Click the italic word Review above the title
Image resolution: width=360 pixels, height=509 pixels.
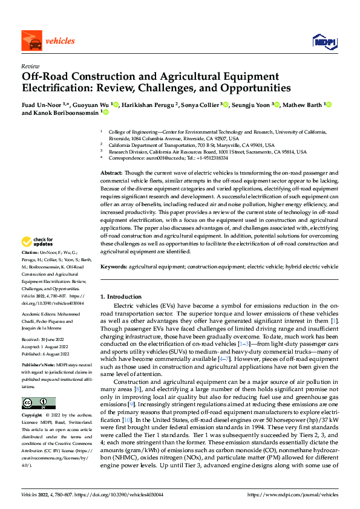point(30,66)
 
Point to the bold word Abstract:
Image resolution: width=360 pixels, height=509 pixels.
point(113,173)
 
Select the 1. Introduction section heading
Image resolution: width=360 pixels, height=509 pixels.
point(120,297)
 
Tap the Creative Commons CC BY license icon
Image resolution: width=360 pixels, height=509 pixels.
point(38,403)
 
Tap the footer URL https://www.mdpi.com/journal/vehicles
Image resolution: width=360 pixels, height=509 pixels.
point(292,494)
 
